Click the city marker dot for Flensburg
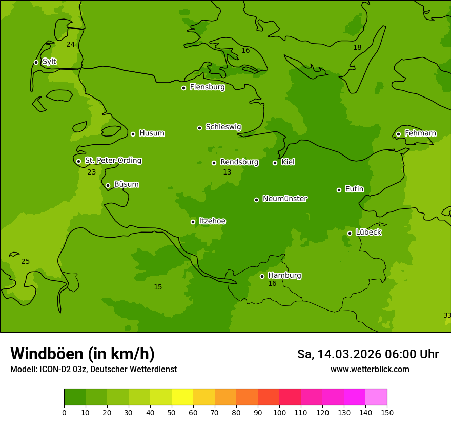tap(183, 88)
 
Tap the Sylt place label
tap(49, 62)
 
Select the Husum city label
tap(152, 133)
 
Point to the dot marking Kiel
tap(275, 163)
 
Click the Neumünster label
tap(285, 199)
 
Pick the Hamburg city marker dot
tap(262, 276)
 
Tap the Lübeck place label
tap(368, 232)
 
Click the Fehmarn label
tap(420, 133)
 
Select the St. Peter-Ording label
tap(113, 161)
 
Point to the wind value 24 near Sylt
tap(71, 45)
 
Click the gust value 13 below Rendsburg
tap(227, 172)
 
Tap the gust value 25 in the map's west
tap(25, 262)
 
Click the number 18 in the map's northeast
tap(357, 48)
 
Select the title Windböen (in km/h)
tap(83, 354)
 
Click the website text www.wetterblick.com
tap(370, 370)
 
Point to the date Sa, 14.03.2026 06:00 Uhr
tap(367, 354)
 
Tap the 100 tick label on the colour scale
tap(279, 412)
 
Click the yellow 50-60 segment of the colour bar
tap(182, 397)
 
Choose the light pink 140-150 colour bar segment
tap(376, 397)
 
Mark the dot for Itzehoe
tap(193, 222)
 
